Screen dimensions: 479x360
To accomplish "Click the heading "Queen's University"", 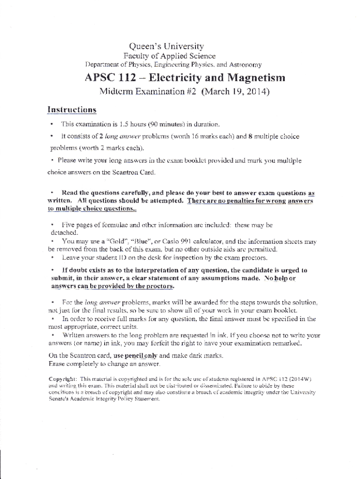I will (166, 46).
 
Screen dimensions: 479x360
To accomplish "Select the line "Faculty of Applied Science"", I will (166, 56).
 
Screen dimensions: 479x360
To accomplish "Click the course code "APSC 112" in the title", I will (106, 77).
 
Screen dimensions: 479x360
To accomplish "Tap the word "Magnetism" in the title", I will (252, 77).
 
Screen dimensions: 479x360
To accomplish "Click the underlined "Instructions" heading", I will (72, 110).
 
